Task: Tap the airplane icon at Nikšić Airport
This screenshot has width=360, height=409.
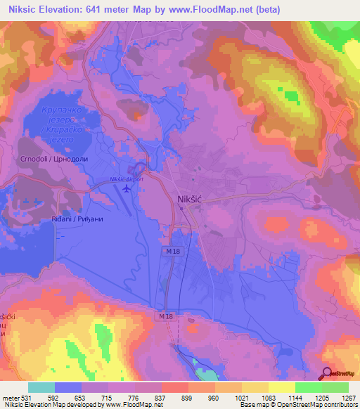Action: pos(127,188)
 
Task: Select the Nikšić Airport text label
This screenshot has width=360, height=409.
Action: pos(127,179)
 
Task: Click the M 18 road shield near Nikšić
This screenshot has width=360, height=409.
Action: pos(174,251)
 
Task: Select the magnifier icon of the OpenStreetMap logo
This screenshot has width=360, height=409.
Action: pos(327,374)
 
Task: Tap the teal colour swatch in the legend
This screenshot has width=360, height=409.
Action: pos(41,387)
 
